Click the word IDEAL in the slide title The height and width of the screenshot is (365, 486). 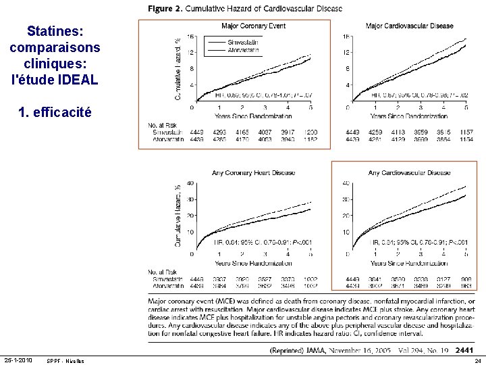tap(79, 79)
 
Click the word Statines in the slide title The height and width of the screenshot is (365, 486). tap(54, 31)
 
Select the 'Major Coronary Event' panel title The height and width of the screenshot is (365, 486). tap(253, 26)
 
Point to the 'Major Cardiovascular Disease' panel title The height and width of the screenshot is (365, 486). tap(409, 26)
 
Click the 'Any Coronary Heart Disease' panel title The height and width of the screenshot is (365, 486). tap(253, 172)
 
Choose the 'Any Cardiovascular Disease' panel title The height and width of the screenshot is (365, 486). tap(409, 172)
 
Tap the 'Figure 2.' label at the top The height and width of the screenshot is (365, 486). tap(165, 9)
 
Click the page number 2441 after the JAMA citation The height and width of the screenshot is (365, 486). tap(465, 350)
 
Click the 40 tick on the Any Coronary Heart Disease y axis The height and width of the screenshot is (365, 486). tap(190, 182)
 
